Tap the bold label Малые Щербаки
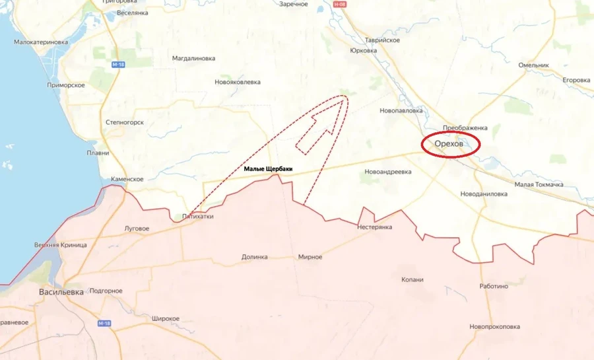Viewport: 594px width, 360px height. click(268, 170)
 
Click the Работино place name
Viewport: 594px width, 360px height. click(494, 286)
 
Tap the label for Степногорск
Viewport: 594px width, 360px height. click(125, 123)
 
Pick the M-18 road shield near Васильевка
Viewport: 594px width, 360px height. click(104, 323)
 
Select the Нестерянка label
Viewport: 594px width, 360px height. click(374, 227)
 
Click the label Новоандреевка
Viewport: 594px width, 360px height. click(387, 172)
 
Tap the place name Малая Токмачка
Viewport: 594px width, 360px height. click(539, 184)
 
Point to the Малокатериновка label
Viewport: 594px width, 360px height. click(41, 42)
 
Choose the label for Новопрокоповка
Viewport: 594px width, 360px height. click(495, 326)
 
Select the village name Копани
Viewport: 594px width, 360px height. click(412, 279)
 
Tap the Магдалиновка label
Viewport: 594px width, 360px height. click(193, 58)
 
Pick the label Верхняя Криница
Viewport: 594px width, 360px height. click(61, 245)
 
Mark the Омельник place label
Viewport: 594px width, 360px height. click(534, 65)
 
